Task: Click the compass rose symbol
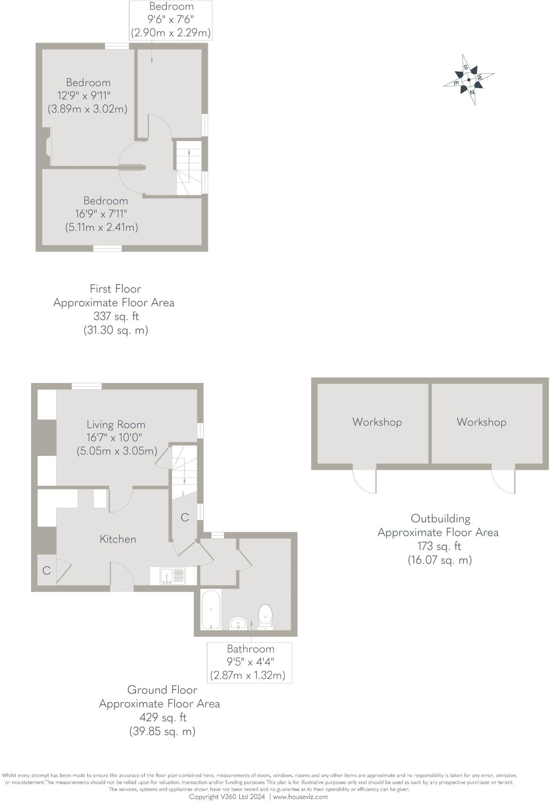pyautogui.click(x=469, y=79)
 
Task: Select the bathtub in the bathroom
pyautogui.click(x=211, y=610)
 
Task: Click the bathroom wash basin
pyautogui.click(x=238, y=622)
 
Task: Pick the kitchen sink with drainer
pyautogui.click(x=172, y=576)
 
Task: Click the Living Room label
pyautogui.click(x=116, y=424)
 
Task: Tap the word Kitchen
pyautogui.click(x=118, y=539)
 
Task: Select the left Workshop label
pyautogui.click(x=377, y=422)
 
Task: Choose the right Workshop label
pyautogui.click(x=481, y=422)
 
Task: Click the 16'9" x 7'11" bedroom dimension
pyautogui.click(x=101, y=214)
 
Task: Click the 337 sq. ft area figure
pyautogui.click(x=116, y=316)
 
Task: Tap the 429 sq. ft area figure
pyautogui.click(x=163, y=717)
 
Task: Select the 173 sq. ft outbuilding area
pyautogui.click(x=439, y=546)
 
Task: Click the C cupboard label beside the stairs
pyautogui.click(x=185, y=518)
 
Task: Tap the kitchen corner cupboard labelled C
pyautogui.click(x=46, y=571)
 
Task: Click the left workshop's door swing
pyautogui.click(x=365, y=481)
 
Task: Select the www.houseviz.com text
pyautogui.click(x=300, y=797)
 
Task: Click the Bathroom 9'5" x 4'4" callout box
pyautogui.click(x=249, y=662)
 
